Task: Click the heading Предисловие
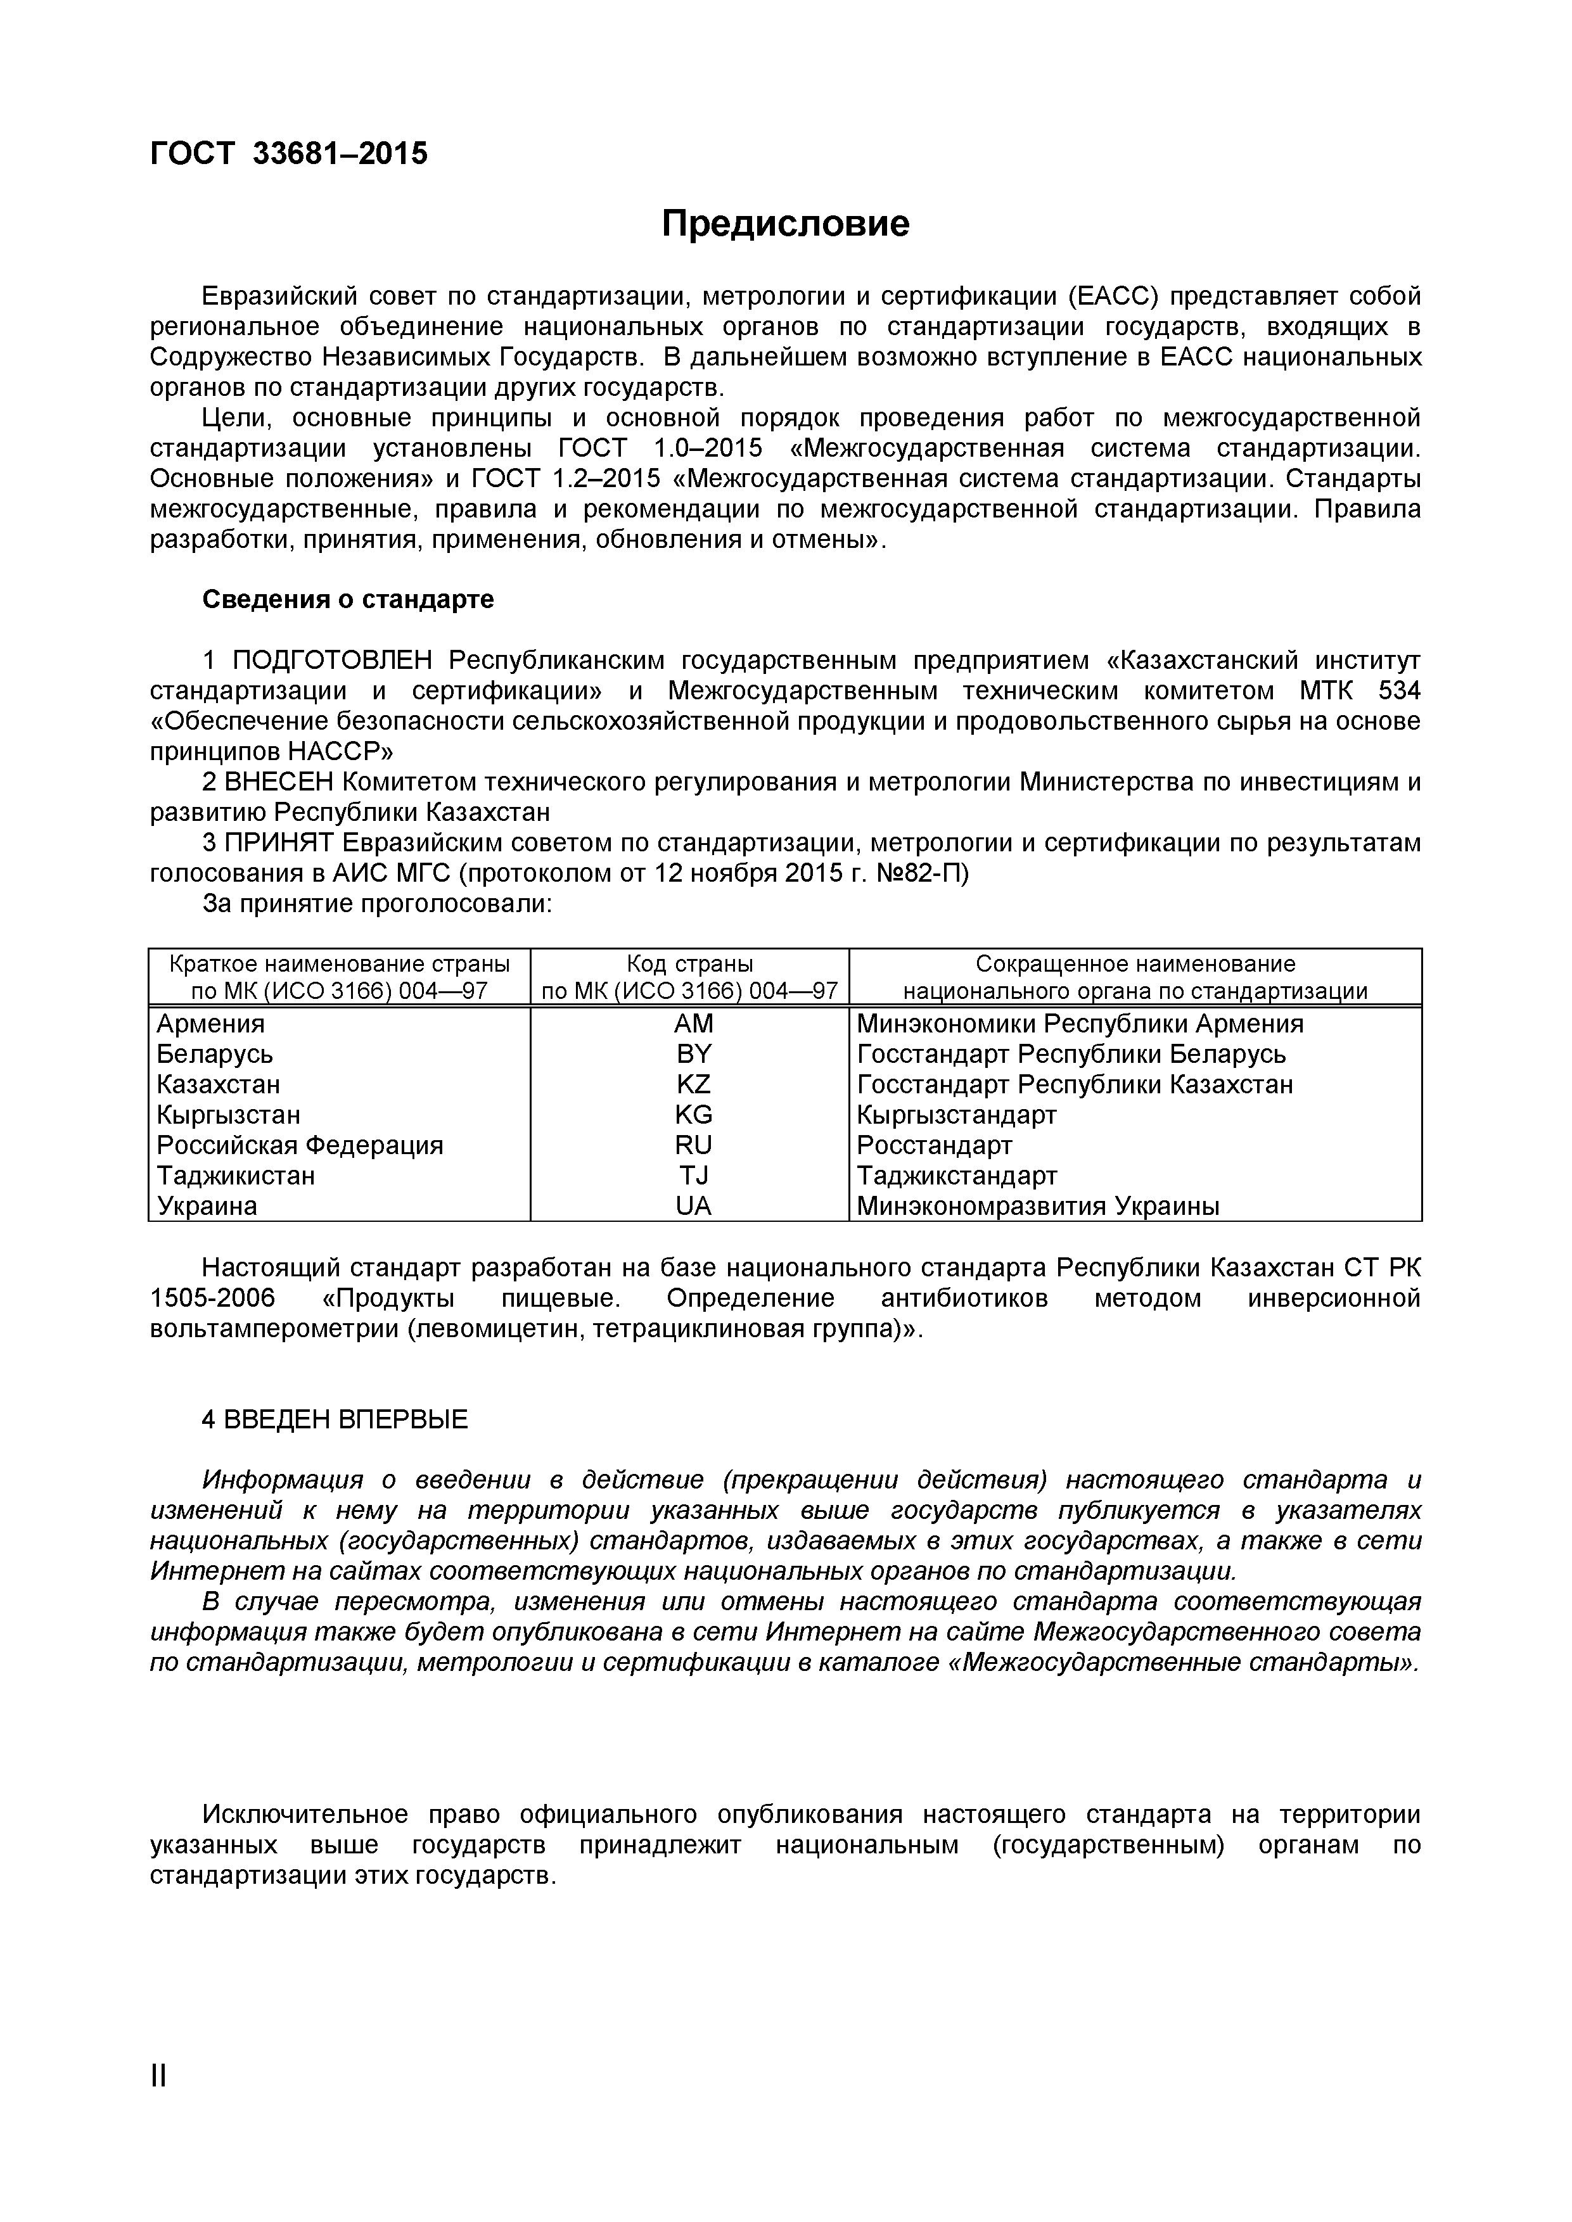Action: click(x=785, y=224)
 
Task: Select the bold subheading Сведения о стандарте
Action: click(x=347, y=600)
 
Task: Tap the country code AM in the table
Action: click(x=693, y=1024)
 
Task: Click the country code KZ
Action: click(x=693, y=1085)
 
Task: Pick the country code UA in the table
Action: click(x=693, y=1206)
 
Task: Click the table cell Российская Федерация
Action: click(x=300, y=1146)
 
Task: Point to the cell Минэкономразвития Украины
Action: click(x=1038, y=1206)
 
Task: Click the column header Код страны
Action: click(x=689, y=964)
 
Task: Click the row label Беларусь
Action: click(x=215, y=1054)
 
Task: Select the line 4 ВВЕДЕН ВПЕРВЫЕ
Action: click(x=335, y=1419)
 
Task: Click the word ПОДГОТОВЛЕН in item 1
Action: click(x=333, y=661)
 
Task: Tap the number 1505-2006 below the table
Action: click(x=213, y=1298)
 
